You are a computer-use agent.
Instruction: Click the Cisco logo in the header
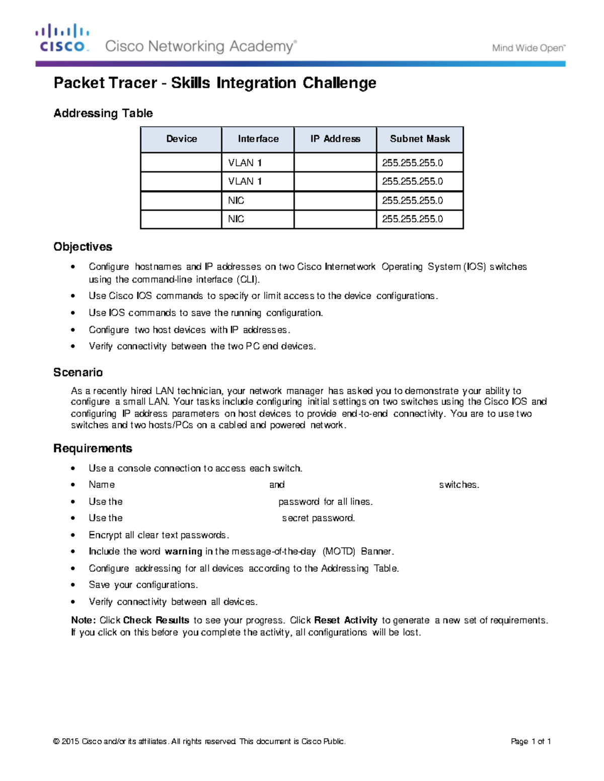62,38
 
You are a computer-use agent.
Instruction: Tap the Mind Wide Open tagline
528,48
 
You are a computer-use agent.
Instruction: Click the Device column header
181,139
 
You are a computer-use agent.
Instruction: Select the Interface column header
258,139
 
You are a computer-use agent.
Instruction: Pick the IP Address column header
335,139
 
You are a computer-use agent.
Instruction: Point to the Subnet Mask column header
420,139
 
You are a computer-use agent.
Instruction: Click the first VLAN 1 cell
245,163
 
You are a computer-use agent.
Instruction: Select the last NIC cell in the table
236,219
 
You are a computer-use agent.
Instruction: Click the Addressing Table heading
103,113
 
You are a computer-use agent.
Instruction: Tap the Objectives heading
83,247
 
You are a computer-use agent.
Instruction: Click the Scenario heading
78,373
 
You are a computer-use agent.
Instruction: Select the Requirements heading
93,449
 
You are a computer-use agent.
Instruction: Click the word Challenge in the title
339,83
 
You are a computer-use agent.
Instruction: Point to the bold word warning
183,552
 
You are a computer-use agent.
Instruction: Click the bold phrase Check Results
156,621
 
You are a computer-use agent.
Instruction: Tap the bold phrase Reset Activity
345,621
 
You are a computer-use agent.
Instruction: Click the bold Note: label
83,621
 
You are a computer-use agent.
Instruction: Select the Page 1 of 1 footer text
531,741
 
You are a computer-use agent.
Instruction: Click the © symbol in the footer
56,741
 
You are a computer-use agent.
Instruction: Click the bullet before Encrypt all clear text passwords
73,535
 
